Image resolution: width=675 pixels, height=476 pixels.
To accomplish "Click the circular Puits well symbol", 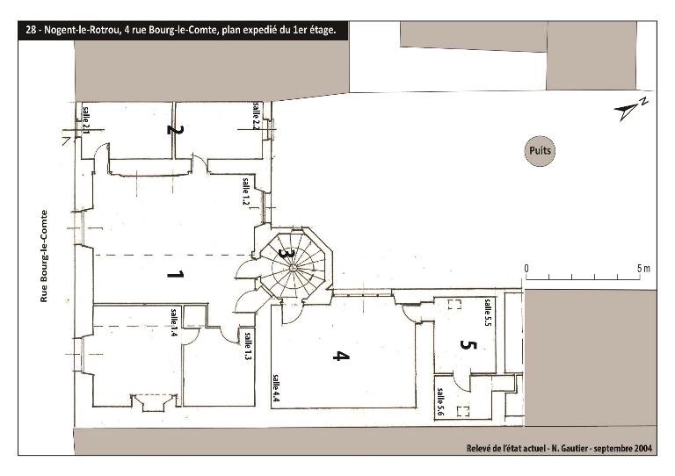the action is click(540, 151).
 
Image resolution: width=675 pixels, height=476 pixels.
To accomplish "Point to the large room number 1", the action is click(175, 274).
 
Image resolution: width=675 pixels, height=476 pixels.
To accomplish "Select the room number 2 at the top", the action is click(175, 129).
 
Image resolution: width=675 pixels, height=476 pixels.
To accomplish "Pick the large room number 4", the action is click(341, 356).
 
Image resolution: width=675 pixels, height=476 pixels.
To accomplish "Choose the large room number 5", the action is click(468, 344).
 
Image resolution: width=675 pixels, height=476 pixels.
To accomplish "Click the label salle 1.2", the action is click(246, 191).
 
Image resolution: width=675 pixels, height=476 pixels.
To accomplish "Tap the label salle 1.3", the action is click(249, 346).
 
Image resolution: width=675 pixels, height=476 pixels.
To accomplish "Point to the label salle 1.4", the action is click(174, 322).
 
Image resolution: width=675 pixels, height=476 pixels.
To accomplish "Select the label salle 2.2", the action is click(256, 116).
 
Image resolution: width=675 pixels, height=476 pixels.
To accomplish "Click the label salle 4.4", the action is click(275, 388).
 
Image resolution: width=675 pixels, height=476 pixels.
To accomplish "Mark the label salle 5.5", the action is click(487, 313).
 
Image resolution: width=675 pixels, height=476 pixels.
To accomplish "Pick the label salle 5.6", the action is click(440, 402).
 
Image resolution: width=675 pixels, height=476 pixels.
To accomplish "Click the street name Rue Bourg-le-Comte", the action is click(44, 256).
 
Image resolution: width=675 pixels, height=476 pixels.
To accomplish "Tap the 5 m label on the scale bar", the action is click(643, 269).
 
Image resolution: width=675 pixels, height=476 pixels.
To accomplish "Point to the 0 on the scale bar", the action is click(526, 269).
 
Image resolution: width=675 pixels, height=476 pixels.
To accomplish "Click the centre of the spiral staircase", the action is click(293, 268).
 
